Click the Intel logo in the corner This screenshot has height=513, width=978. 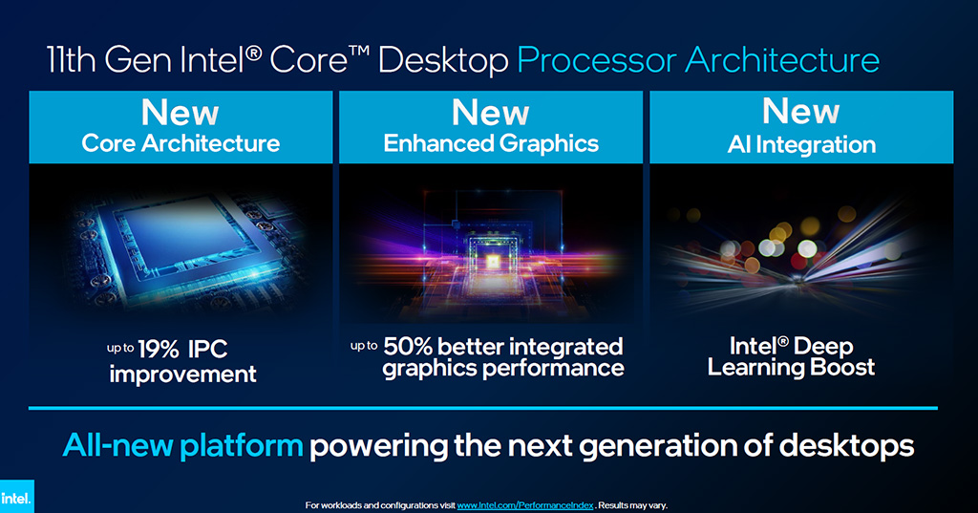16,497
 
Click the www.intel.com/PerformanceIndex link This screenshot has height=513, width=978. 525,505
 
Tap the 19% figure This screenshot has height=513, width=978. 159,350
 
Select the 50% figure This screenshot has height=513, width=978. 407,347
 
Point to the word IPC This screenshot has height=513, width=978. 207,350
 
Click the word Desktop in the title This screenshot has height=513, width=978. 443,61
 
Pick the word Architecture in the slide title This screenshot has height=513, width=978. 782,60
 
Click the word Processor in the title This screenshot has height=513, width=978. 597,60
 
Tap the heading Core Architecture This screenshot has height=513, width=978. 181,143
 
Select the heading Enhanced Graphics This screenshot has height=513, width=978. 491,144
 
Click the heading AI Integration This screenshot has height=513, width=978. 801,145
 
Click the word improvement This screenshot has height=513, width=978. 182,374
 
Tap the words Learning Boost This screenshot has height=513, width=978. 791,367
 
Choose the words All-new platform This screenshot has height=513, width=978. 182,445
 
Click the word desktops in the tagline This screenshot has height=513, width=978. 846,445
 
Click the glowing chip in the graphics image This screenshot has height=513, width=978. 492,262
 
